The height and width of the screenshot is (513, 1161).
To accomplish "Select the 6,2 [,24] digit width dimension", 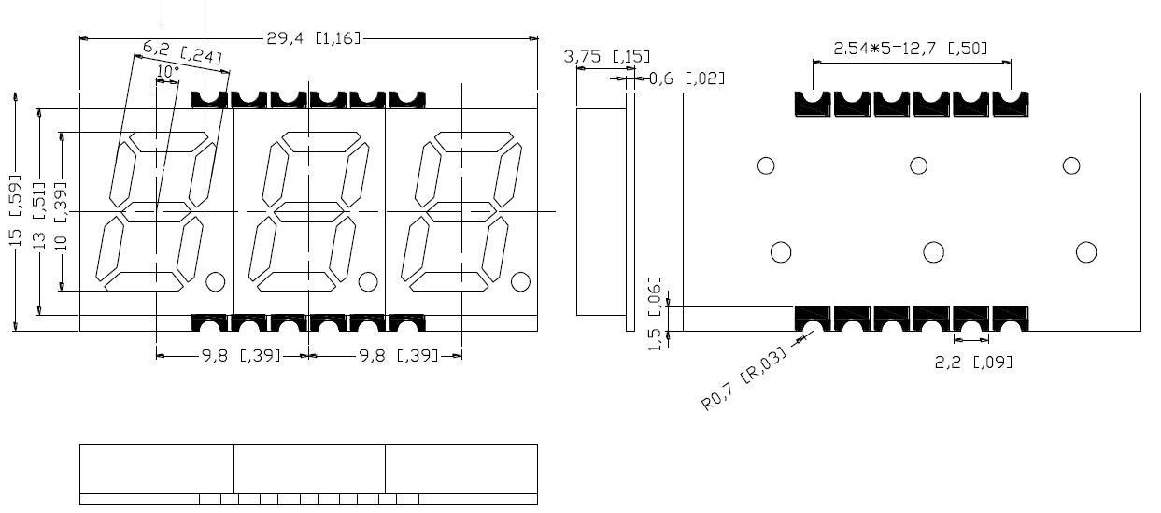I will tap(182, 52).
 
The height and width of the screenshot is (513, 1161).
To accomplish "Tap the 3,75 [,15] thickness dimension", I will tap(607, 57).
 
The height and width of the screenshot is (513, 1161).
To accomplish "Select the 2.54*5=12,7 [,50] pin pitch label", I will tap(910, 49).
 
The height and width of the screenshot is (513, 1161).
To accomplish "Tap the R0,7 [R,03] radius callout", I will tap(743, 378).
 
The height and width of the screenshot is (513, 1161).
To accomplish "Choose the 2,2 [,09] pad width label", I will tap(973, 362).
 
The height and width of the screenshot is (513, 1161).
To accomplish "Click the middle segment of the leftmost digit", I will tap(156, 212).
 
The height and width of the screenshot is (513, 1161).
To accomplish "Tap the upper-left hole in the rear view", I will tap(766, 165).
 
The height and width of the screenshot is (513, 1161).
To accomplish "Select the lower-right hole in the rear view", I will tap(1085, 252).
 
